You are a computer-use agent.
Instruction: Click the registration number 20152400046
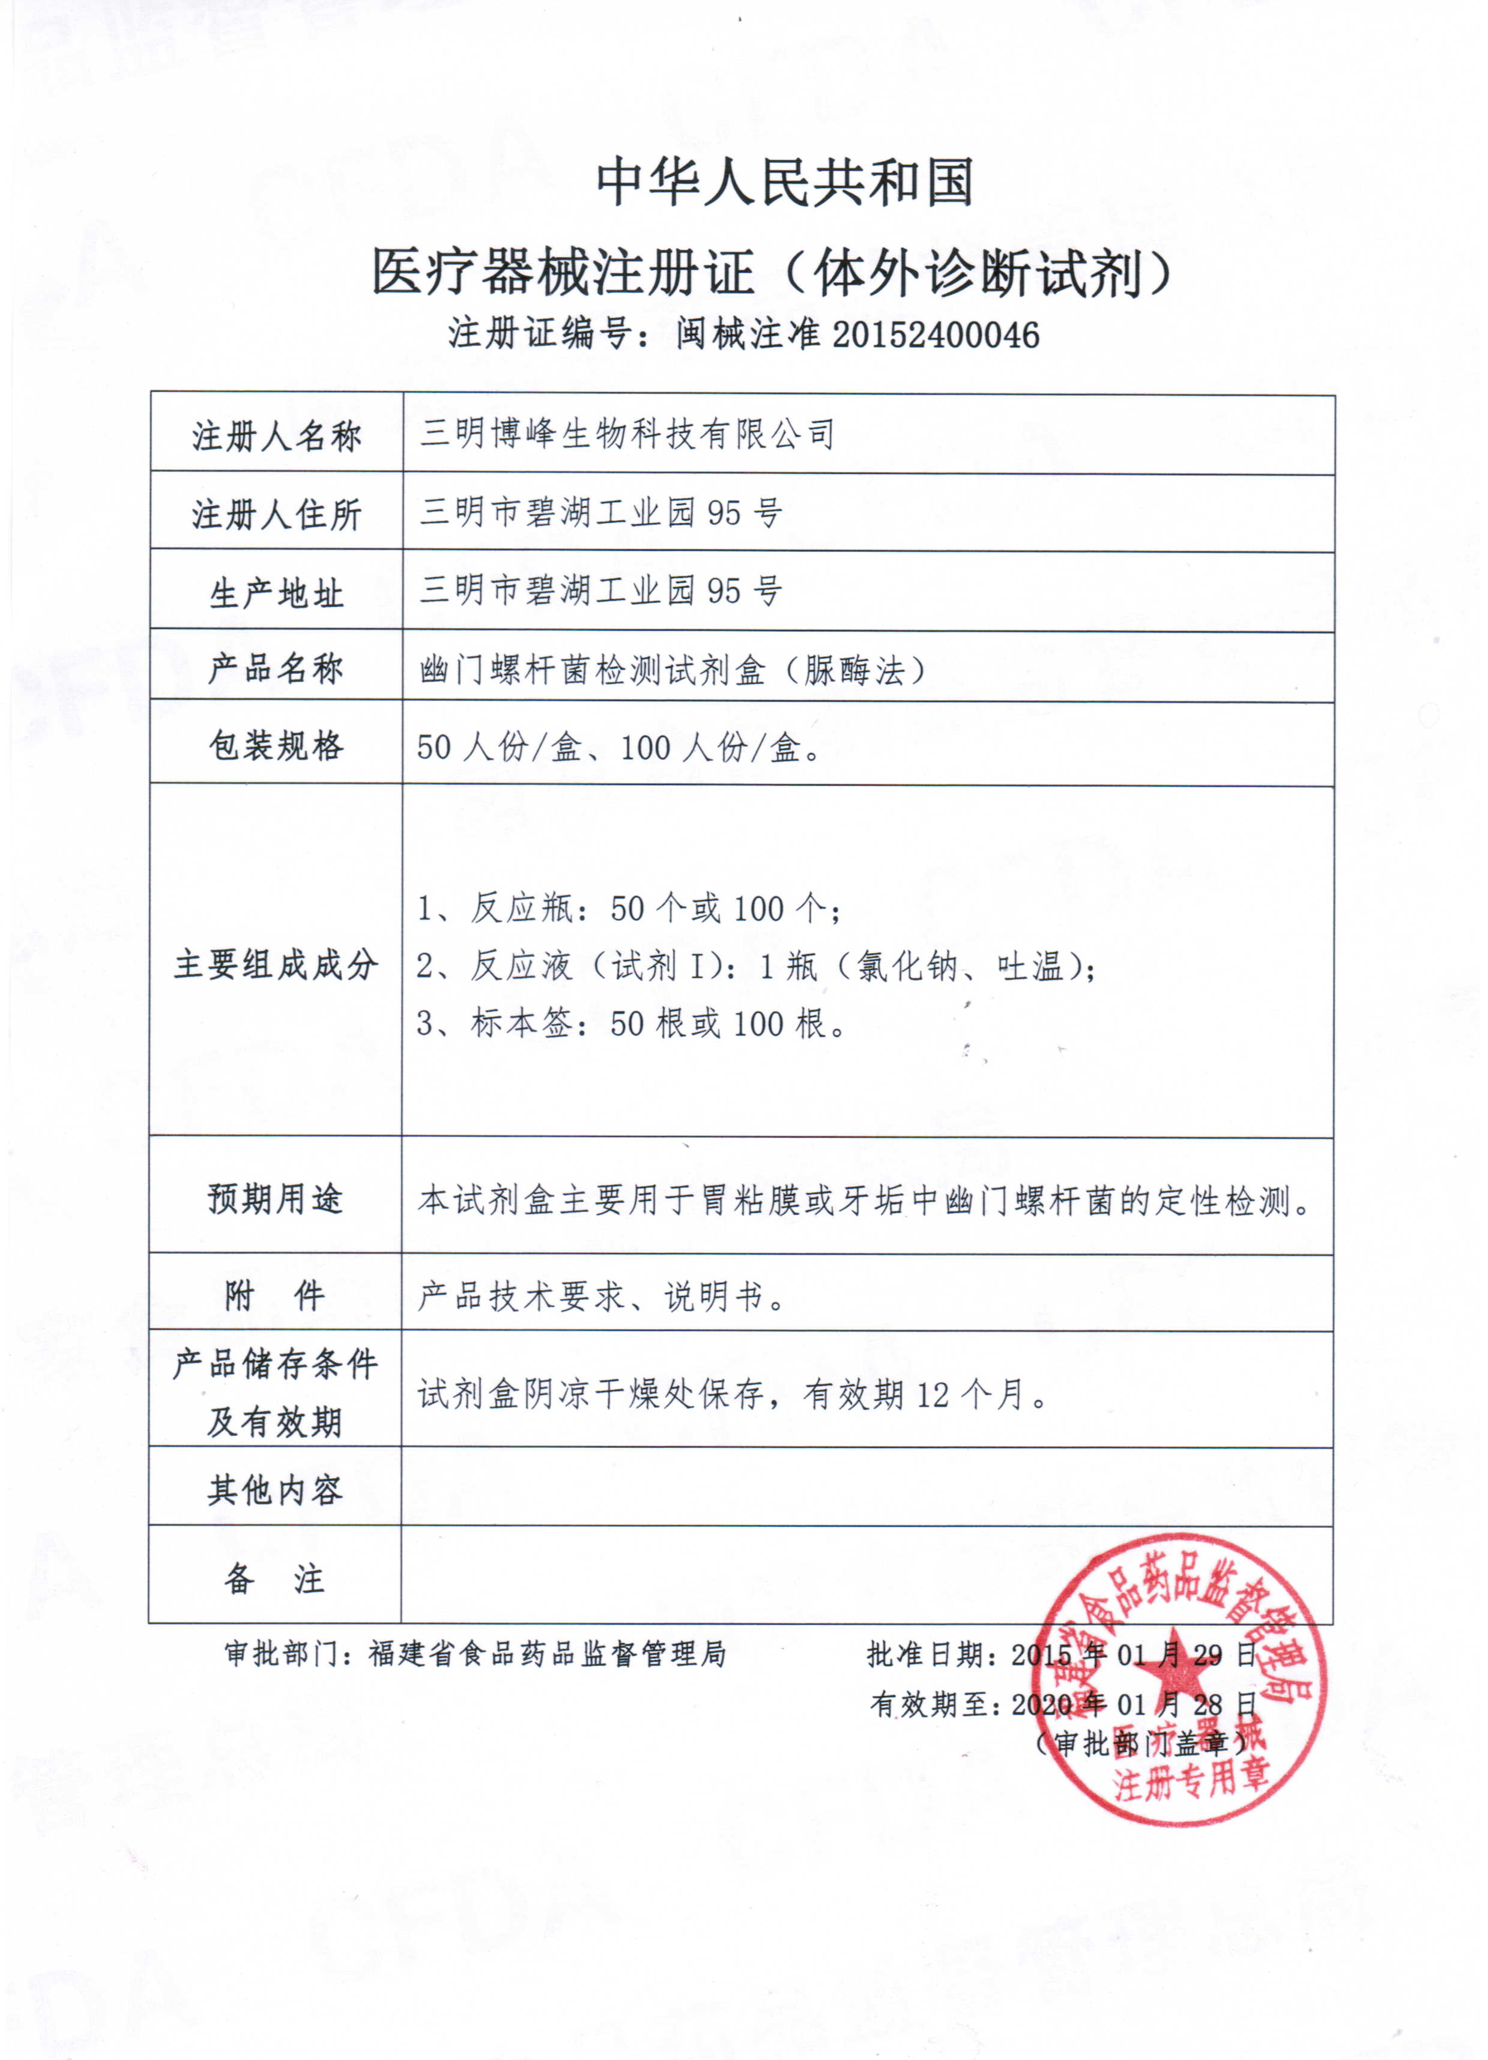pos(935,335)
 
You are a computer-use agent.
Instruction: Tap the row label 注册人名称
pos(276,437)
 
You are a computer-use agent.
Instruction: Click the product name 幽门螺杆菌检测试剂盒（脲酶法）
pos(672,670)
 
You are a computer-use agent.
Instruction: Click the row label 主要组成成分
pos(276,965)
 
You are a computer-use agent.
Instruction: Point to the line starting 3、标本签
pos(631,1023)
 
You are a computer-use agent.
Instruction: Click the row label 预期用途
pos(276,1199)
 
